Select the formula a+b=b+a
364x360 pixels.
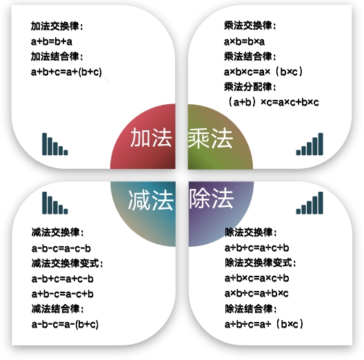52,41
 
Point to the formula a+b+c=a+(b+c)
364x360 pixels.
66,72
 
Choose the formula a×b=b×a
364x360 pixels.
244,41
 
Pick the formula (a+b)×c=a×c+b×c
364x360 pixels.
274,102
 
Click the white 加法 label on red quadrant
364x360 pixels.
151,138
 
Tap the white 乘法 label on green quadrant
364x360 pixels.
210,139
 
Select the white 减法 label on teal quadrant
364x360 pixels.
151,200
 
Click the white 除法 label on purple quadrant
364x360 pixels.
211,198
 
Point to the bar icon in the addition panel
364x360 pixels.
55,144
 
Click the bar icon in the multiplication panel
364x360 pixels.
310,144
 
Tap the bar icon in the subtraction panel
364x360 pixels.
55,203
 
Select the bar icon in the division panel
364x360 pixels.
310,203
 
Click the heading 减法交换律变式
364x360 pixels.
67,263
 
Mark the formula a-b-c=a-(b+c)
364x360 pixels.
65,324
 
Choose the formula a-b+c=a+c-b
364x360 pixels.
63,279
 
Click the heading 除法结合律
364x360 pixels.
251,309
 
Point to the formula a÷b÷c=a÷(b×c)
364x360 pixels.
264,324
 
